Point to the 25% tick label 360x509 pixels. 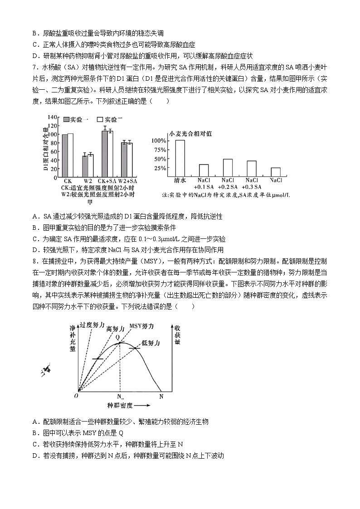(161, 168)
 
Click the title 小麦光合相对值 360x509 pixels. (190, 134)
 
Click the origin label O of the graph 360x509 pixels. (76, 396)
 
